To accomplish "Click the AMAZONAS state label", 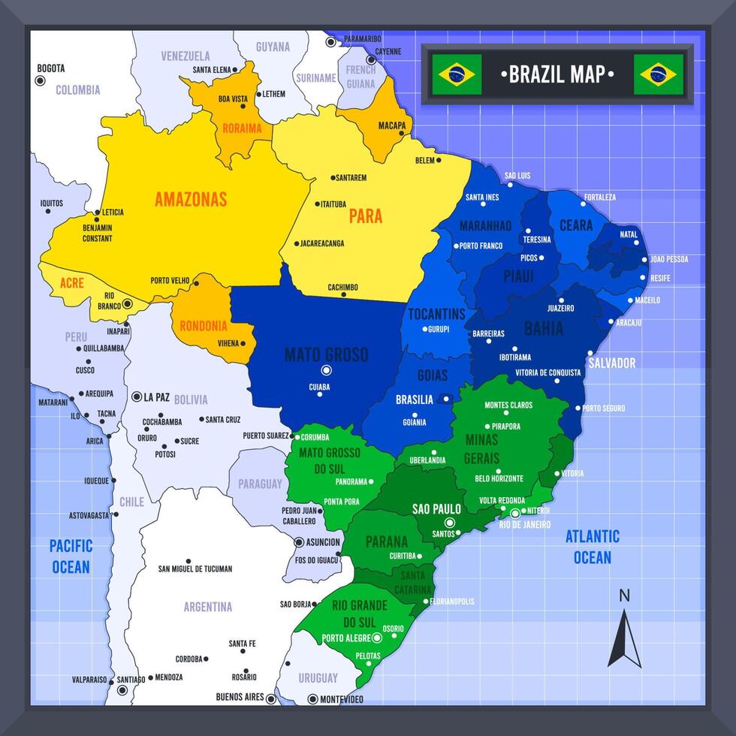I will (x=191, y=200).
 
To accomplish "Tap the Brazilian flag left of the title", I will (x=457, y=74).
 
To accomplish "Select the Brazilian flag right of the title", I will (x=658, y=74).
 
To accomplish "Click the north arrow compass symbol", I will (x=624, y=638).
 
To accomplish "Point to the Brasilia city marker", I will (x=446, y=400).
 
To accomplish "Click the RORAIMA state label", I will (x=242, y=128).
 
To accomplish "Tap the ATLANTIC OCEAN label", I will (x=593, y=547).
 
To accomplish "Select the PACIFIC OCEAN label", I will (x=71, y=557).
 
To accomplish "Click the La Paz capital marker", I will (x=136, y=397).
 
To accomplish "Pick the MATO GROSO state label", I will (x=326, y=354).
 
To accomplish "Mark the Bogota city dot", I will (x=41, y=79).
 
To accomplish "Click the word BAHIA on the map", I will (x=544, y=328).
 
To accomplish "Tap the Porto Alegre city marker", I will (x=377, y=638).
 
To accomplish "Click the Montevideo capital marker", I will (x=312, y=698).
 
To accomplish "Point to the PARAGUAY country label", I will (x=261, y=484).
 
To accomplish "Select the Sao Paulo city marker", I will (x=450, y=523).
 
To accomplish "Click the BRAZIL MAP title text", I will (x=557, y=74).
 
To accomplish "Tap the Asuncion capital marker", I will (x=299, y=541).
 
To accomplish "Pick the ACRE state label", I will (x=72, y=283).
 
